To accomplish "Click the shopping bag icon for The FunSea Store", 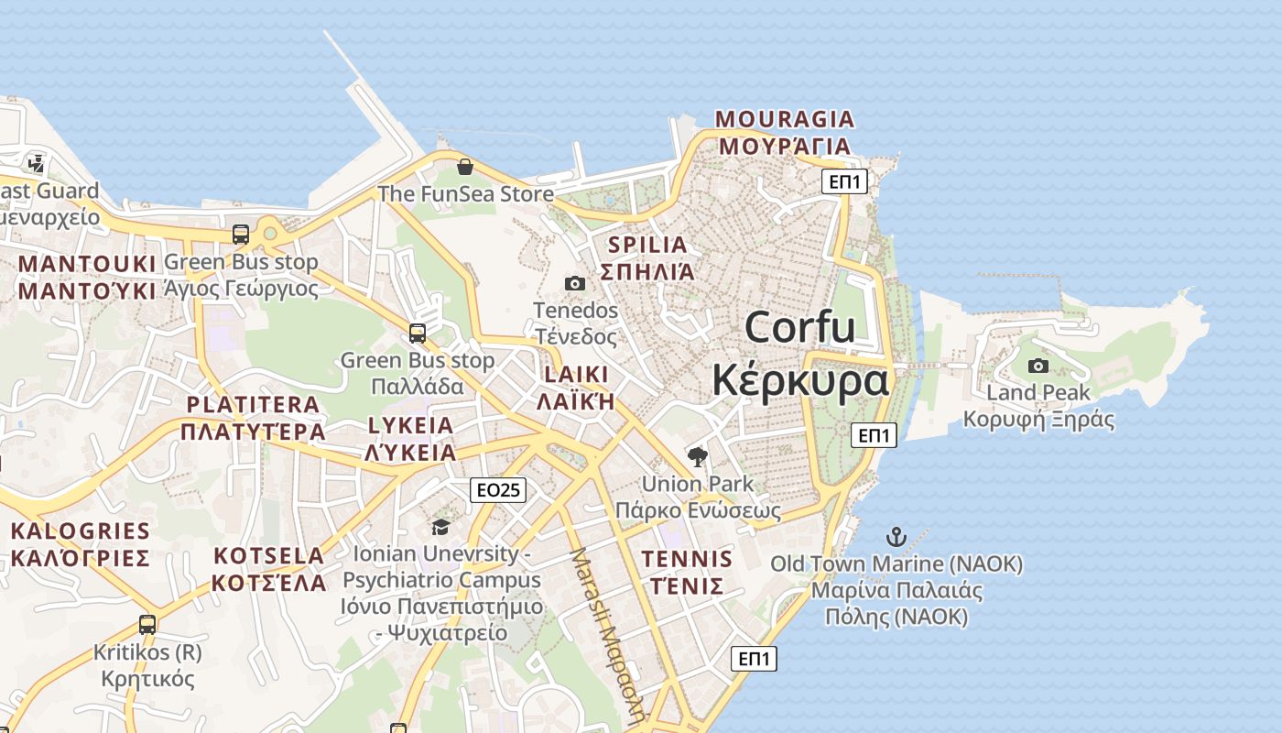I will tap(465, 167).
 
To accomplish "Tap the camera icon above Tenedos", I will tap(575, 284).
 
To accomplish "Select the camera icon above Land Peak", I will tap(1038, 366).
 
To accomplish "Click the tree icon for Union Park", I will tap(698, 456).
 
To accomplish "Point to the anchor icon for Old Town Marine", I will tap(896, 537).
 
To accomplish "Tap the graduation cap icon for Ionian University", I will tap(440, 527).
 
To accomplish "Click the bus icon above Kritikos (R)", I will tap(147, 625).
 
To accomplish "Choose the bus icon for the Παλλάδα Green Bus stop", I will tap(418, 334).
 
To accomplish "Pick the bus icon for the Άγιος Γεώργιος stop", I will tap(241, 235).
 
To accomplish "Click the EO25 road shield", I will tap(498, 490).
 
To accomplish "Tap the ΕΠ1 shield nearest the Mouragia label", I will tap(843, 181).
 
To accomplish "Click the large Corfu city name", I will tap(799, 328).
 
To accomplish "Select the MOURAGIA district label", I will tap(785, 119).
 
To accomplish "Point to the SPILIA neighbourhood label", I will tap(647, 245).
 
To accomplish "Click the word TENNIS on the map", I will tap(687, 559).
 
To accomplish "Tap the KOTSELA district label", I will tap(268, 556).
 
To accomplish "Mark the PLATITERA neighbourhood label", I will tap(253, 404).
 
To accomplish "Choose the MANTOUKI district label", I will tap(87, 264).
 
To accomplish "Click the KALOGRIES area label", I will tap(81, 531).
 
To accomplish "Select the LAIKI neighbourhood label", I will tap(576, 375).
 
